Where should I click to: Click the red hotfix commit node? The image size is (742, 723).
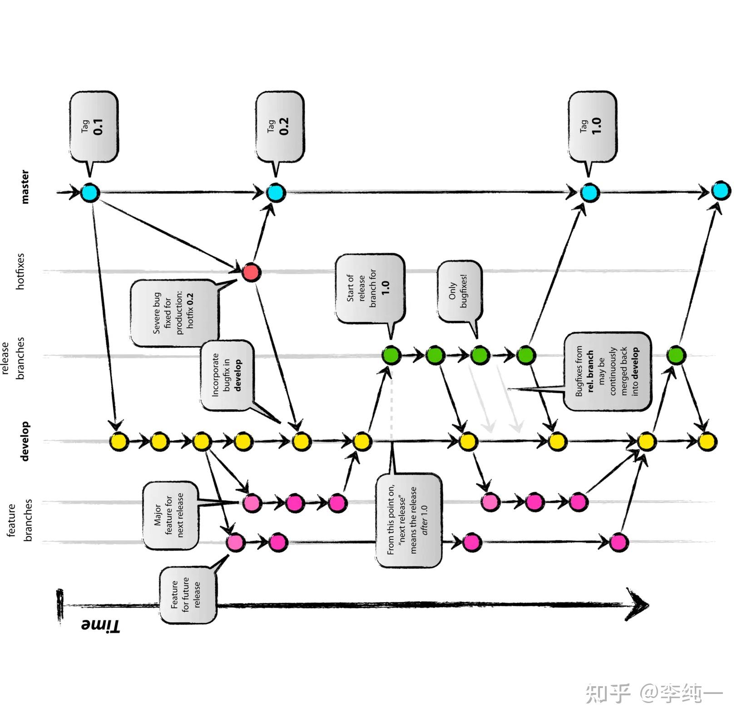pyautogui.click(x=251, y=272)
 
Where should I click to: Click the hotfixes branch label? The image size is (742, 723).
pyautogui.click(x=20, y=271)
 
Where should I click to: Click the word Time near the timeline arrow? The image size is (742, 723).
pyautogui.click(x=100, y=625)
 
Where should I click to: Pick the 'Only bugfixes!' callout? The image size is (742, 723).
pyautogui.click(x=459, y=291)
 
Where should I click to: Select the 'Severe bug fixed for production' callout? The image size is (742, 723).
pyautogui.click(x=173, y=313)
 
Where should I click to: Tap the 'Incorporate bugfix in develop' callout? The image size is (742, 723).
pyautogui.click(x=227, y=376)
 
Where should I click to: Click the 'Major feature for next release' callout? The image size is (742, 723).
pyautogui.click(x=170, y=515)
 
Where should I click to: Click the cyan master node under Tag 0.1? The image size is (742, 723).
pyautogui.click(x=90, y=193)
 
